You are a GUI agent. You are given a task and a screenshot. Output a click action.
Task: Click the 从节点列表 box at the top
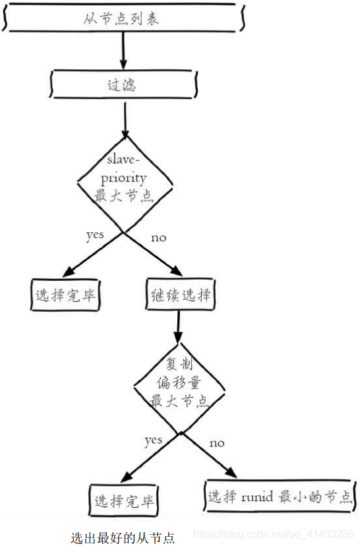123,18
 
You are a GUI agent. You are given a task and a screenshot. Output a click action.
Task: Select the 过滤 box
123,84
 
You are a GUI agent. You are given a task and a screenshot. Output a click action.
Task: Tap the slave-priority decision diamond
125,184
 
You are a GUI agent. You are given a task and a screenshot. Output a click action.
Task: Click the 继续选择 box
180,295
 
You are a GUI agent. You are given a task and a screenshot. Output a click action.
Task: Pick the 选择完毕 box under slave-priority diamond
65,295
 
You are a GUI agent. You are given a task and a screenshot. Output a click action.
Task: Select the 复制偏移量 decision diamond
179,388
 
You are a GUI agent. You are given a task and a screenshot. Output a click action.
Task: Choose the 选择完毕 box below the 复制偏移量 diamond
124,500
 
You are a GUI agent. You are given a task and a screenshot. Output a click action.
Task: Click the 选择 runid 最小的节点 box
280,496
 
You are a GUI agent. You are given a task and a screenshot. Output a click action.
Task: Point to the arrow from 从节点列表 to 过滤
123,51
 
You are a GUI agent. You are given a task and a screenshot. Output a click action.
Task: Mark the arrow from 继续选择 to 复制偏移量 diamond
178,326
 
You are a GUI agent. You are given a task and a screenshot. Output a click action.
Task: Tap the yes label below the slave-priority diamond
95,235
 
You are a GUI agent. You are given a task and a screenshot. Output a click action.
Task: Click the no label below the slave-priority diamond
158,238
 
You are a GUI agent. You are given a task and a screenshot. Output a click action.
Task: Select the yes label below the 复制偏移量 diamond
154,441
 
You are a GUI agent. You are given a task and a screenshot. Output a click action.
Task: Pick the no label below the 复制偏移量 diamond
217,443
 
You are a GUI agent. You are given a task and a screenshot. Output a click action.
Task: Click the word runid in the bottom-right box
257,497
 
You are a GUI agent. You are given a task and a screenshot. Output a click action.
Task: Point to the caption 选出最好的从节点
123,537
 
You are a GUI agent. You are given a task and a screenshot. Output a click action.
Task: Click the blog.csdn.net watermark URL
274,534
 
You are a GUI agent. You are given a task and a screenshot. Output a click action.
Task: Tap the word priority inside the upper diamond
123,179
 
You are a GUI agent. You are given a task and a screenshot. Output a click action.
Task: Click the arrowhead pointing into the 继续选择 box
177,271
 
